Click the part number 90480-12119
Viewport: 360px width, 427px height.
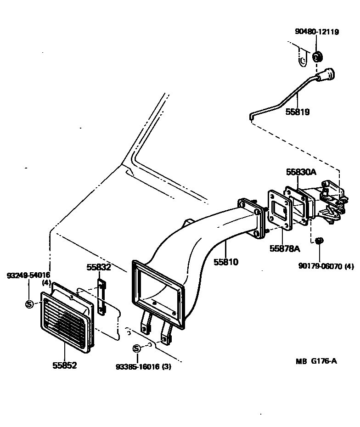pos(317,32)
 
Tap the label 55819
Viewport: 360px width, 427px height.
pos(298,112)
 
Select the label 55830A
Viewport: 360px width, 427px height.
pos(301,172)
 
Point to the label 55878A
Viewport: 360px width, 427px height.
pos(285,248)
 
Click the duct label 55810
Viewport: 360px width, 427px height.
pos(226,262)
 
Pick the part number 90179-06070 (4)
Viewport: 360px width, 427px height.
pos(326,266)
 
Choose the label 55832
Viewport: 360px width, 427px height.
pos(99,267)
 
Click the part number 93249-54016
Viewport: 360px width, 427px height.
pos(28,275)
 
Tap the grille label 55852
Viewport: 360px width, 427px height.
pos(65,365)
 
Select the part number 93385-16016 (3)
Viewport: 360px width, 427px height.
pos(144,367)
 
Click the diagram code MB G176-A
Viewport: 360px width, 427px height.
pos(316,361)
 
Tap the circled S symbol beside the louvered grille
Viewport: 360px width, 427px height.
pos(29,304)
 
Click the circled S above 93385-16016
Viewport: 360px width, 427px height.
pos(137,348)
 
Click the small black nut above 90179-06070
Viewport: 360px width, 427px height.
pos(319,241)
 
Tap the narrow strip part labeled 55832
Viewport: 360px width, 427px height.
pos(101,298)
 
